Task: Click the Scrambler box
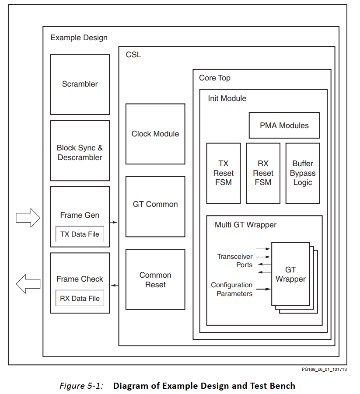pyautogui.click(x=80, y=84)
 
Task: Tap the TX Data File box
pyautogui.click(x=80, y=234)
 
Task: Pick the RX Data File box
pyautogui.click(x=80, y=299)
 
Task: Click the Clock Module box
pyautogui.click(x=155, y=134)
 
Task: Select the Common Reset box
pyautogui.click(x=155, y=279)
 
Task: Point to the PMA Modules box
pyautogui.click(x=284, y=126)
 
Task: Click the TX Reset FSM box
pyautogui.click(x=224, y=173)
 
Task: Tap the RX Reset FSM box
pyautogui.click(x=263, y=173)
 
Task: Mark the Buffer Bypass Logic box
pyautogui.click(x=303, y=173)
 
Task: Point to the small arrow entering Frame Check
pyautogui.click(x=115, y=286)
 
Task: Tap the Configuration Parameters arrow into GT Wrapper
pyautogui.click(x=264, y=289)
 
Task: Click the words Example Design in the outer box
pyautogui.click(x=79, y=38)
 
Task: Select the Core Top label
pyautogui.click(x=214, y=78)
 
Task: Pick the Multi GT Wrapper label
pyautogui.click(x=245, y=225)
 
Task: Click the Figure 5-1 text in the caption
pyautogui.click(x=81, y=386)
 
